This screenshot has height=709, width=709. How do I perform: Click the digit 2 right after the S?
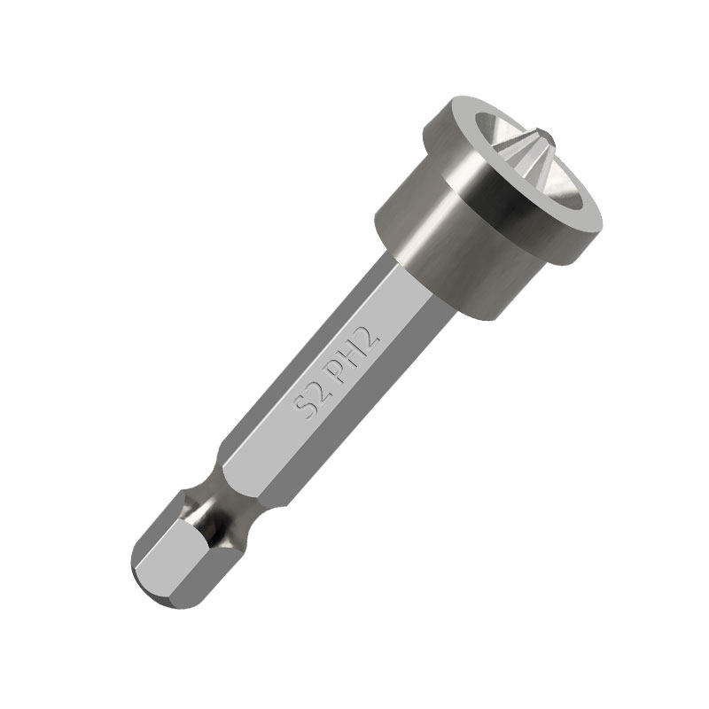(x=315, y=390)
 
